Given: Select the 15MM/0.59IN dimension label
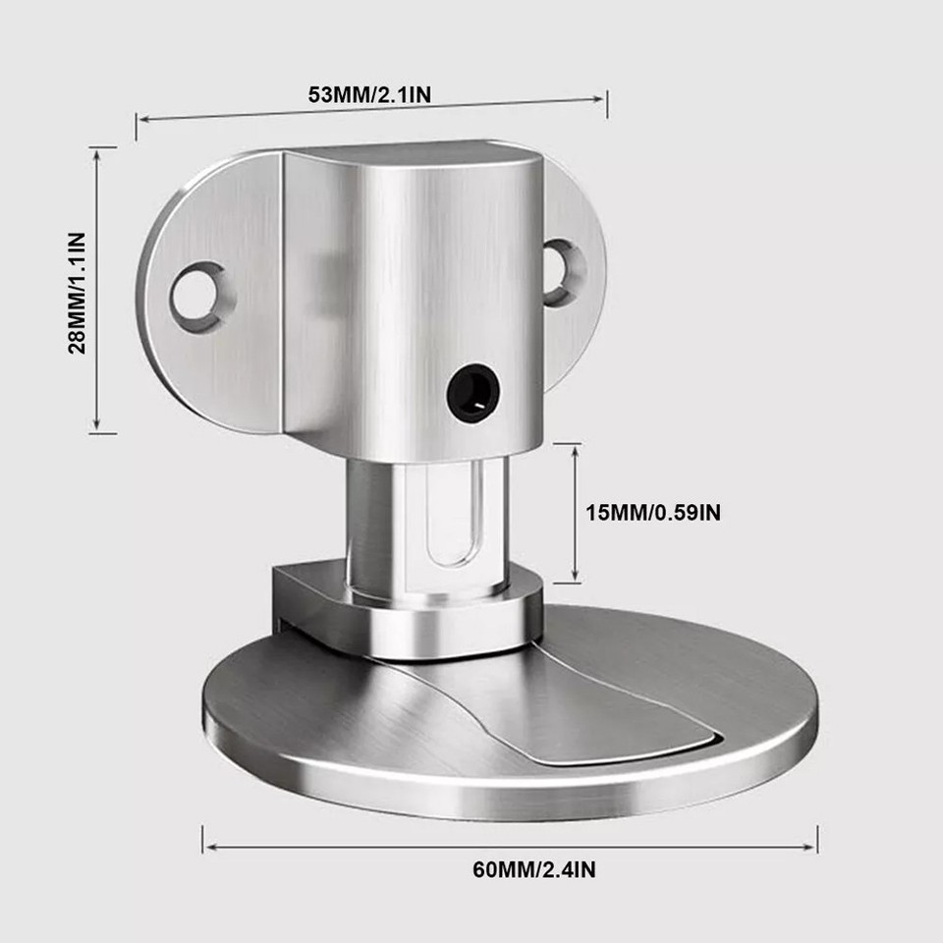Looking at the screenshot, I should pos(653,512).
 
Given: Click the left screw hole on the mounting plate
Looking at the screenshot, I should pos(198,294).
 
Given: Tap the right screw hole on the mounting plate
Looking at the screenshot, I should pos(563,270).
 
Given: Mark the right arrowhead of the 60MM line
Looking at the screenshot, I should pos(814,843).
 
